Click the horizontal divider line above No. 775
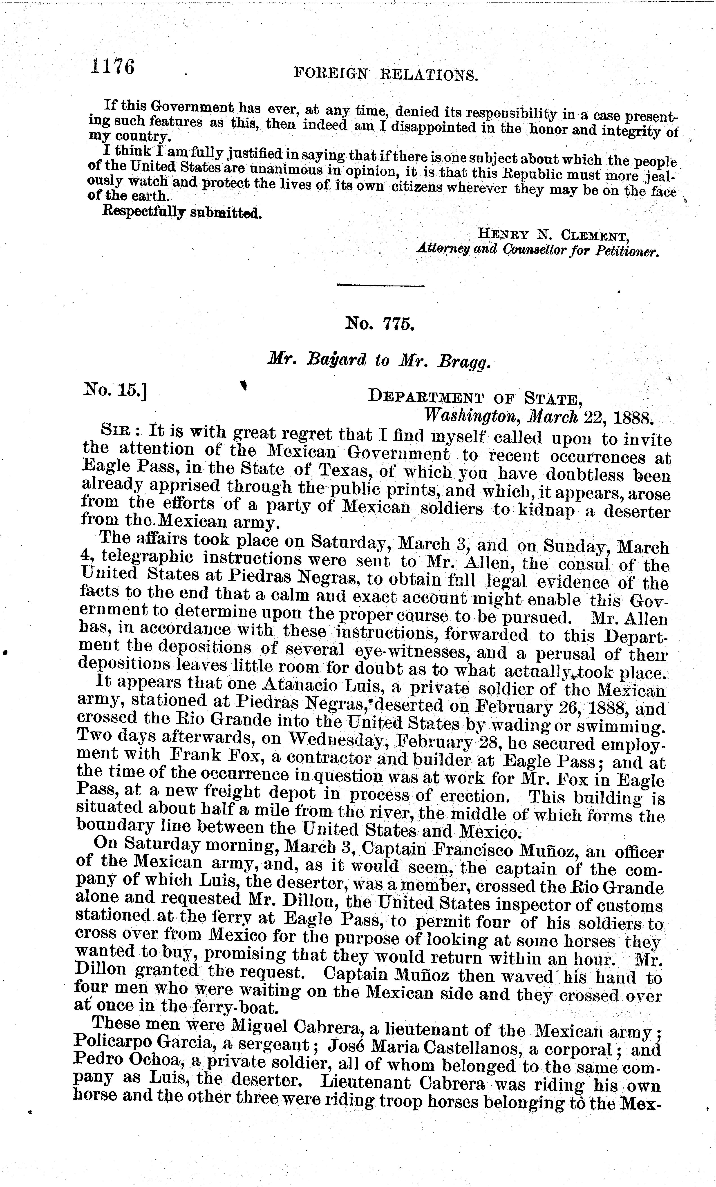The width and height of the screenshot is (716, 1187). click(x=381, y=286)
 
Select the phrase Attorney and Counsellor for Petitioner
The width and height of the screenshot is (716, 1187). click(x=537, y=252)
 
